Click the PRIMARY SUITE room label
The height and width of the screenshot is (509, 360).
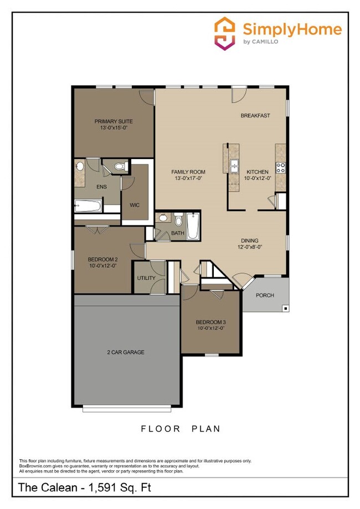pos(114,121)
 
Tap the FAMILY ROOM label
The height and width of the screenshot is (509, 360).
pos(188,172)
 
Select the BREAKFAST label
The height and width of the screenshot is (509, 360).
pos(255,116)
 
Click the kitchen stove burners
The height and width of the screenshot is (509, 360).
pos(280,166)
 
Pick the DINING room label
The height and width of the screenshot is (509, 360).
pos(249,240)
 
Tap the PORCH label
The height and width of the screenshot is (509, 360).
pos(265,295)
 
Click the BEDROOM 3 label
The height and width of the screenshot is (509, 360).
pos(210,322)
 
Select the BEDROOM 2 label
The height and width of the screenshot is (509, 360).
pos(102,259)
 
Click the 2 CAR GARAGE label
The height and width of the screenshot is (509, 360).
pos(126,352)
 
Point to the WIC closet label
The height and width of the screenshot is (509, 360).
pos(135,205)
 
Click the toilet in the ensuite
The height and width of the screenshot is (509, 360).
pos(120,166)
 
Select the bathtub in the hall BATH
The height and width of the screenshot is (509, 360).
pos(192,227)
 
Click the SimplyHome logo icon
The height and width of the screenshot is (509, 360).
pos(225,34)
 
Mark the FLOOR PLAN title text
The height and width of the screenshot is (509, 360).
pos(181,429)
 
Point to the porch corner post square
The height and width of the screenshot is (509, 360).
pos(285,309)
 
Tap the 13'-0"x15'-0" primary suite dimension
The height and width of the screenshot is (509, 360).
pos(114,128)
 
